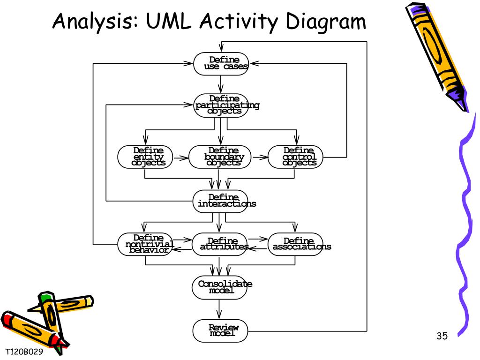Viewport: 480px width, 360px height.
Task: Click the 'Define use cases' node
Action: [220, 64]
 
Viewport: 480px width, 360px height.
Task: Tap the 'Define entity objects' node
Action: [145, 157]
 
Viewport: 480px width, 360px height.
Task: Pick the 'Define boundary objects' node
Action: [220, 157]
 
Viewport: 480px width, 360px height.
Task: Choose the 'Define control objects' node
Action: [295, 157]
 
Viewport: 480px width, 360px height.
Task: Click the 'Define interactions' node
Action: [220, 201]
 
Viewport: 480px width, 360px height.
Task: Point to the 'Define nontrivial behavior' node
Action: [145, 244]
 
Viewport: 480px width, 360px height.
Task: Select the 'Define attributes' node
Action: [219, 244]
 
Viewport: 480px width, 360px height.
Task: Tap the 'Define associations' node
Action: [295, 244]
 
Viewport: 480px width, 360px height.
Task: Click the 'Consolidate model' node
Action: [219, 288]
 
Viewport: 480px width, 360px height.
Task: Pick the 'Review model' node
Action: [220, 331]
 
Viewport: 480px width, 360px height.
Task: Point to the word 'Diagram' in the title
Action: [326, 22]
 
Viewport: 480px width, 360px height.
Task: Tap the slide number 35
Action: [442, 336]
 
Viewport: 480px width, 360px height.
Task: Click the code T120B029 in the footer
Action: [24, 352]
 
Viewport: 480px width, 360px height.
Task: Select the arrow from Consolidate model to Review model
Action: [219, 309]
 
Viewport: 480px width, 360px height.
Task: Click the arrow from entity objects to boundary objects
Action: [181, 158]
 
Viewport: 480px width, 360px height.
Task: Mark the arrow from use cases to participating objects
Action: [221, 84]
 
